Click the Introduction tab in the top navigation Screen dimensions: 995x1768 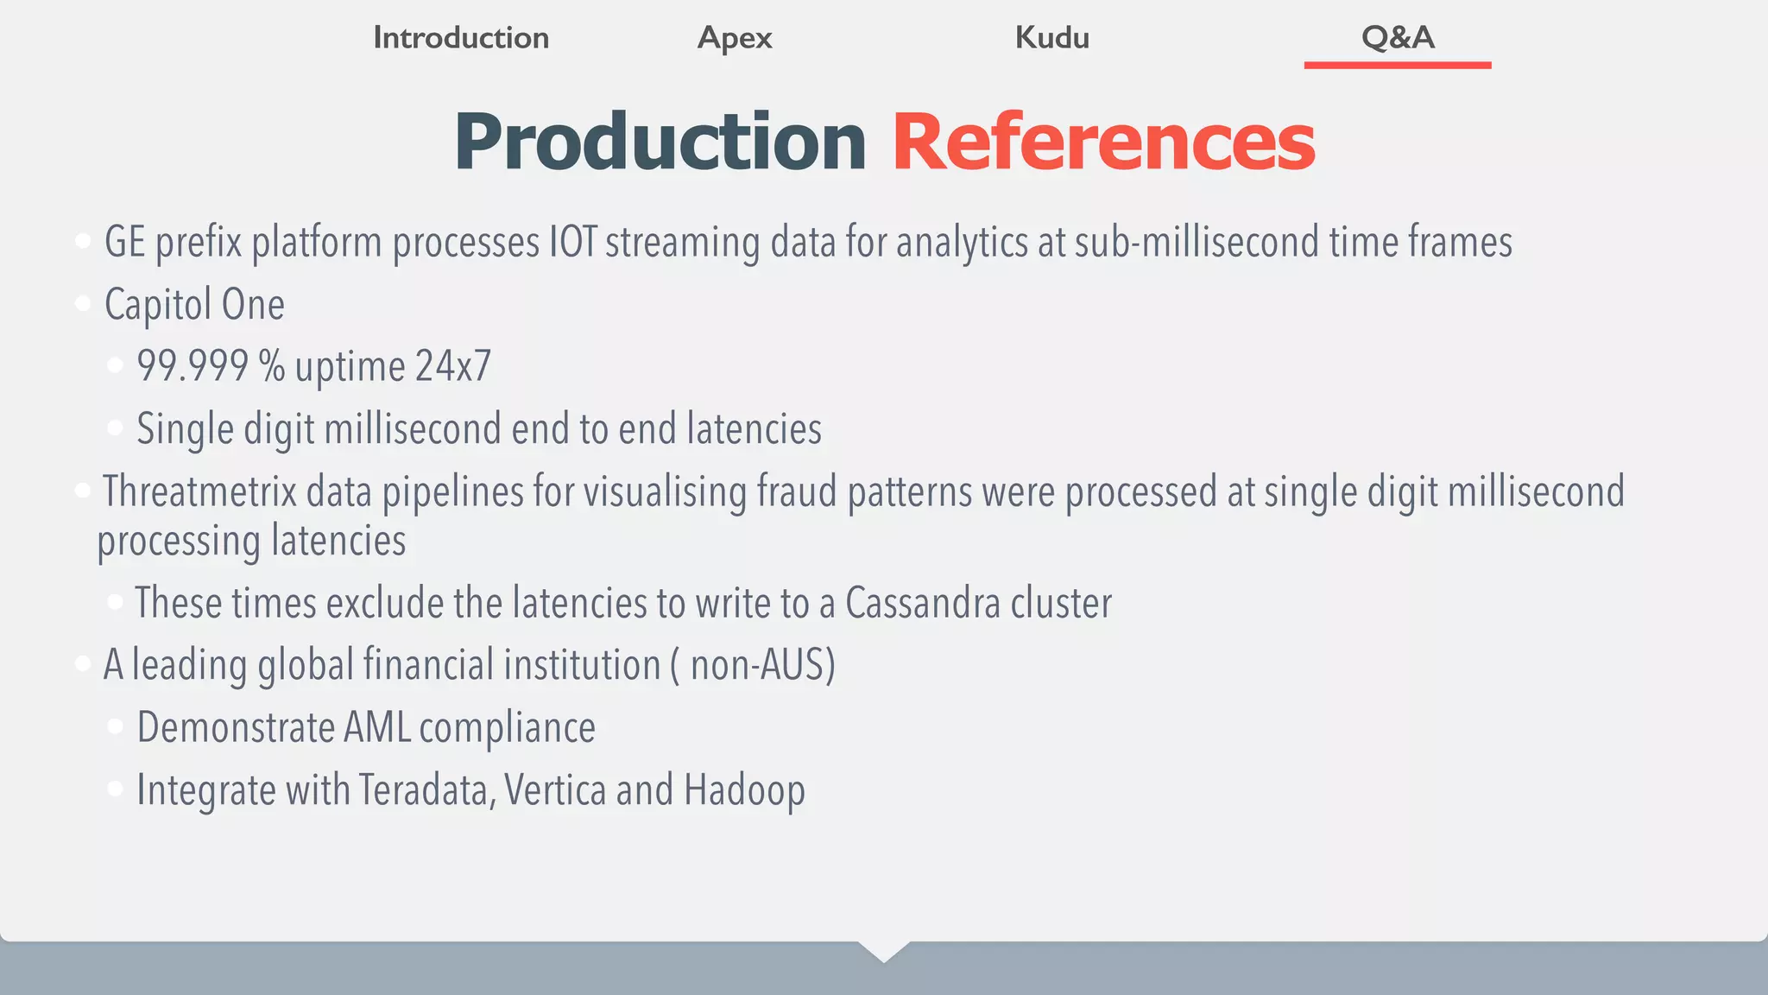[x=461, y=38]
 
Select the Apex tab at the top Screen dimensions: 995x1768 [x=735, y=38]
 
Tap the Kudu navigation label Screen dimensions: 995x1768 [x=1051, y=38]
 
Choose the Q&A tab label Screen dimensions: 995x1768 [x=1398, y=37]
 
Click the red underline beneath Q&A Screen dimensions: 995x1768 [x=1398, y=65]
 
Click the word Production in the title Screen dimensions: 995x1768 [x=660, y=142]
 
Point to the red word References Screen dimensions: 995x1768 [x=1103, y=142]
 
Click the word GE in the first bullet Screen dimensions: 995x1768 [x=124, y=242]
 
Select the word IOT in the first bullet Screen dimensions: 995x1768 [x=573, y=242]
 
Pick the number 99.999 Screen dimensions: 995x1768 [x=193, y=366]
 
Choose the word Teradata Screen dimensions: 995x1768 [x=426, y=789]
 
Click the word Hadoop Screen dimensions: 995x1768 [x=744, y=789]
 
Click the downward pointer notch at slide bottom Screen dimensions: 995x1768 [x=884, y=951]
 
